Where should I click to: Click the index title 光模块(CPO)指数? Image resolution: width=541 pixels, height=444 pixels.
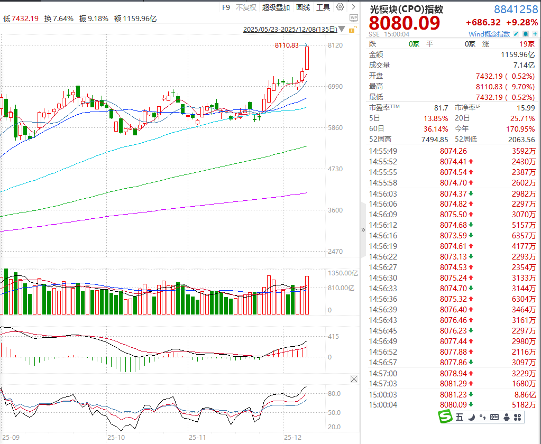(x=406, y=9)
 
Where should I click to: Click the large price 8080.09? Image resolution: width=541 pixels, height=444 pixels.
(x=404, y=23)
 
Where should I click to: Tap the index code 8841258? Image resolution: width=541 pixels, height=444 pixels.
(x=516, y=9)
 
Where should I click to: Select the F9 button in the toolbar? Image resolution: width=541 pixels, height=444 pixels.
(x=226, y=7)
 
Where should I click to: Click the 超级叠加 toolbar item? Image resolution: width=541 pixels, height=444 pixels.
(x=276, y=7)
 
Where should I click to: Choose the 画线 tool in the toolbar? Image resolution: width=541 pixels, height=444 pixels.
(x=303, y=7)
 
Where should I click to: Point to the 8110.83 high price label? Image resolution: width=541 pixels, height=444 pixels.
(x=287, y=45)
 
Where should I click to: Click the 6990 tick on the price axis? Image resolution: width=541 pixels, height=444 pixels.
(x=335, y=87)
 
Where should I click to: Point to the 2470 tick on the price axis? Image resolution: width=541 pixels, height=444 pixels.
(x=335, y=252)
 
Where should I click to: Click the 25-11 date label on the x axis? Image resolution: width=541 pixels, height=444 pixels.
(x=197, y=438)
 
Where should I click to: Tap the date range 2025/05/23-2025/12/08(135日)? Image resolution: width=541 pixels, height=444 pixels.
(x=289, y=30)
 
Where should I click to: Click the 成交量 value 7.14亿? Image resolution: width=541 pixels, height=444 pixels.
(x=524, y=65)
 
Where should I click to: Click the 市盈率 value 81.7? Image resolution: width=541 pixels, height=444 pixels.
(x=441, y=107)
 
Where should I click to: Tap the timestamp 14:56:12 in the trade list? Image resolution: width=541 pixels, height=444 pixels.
(x=383, y=225)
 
